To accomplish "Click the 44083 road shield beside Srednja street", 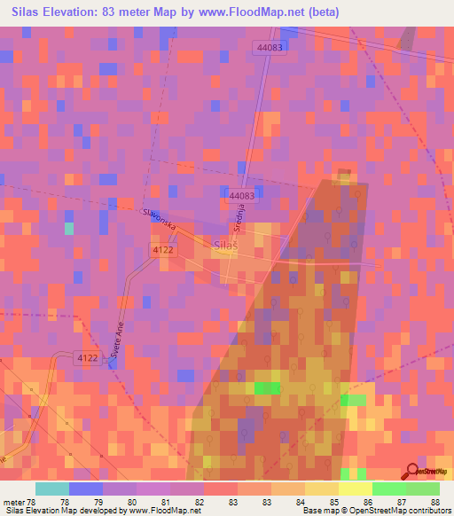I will [241, 195].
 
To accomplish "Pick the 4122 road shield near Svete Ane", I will [87, 357].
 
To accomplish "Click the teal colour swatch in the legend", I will [52, 489].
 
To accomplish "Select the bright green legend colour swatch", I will [389, 489].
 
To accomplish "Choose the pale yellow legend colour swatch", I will [356, 489].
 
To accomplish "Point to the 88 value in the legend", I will [435, 502].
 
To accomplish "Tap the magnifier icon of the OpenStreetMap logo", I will [411, 471].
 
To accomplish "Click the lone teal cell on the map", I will [69, 228].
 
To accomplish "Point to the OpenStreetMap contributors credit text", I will [403, 510].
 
